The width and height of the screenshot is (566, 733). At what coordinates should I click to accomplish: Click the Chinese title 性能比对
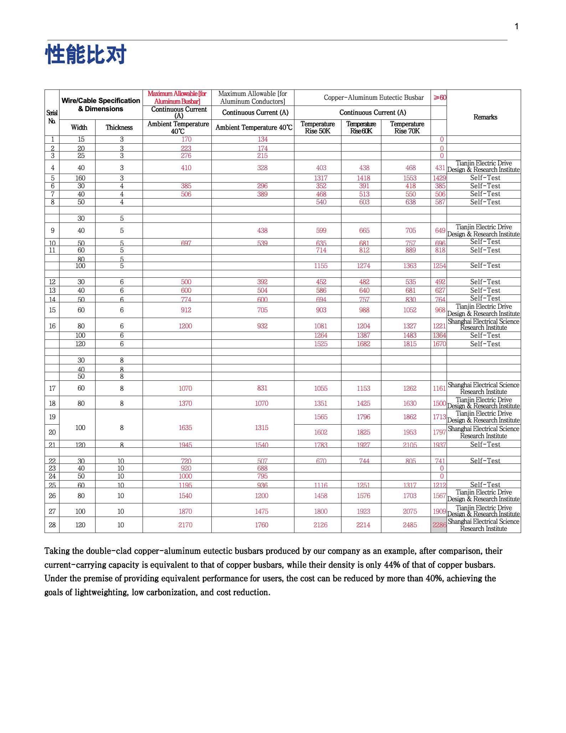tap(86, 55)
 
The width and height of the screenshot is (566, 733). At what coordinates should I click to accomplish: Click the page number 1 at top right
tap(516, 26)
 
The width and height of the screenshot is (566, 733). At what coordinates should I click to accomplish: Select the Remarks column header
tap(485, 117)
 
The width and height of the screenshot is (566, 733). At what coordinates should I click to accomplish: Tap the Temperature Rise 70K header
tap(407, 127)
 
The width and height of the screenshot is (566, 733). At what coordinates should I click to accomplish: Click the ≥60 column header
tap(439, 98)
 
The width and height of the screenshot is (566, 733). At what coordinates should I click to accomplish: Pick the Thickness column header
tap(119, 128)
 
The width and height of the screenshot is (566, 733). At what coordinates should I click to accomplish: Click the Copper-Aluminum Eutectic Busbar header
tap(374, 98)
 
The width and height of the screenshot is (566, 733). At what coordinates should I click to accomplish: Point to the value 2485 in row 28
tap(410, 525)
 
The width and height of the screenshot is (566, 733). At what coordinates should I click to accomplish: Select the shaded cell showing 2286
tap(439, 525)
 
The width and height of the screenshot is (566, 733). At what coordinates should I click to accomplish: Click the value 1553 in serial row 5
tap(411, 178)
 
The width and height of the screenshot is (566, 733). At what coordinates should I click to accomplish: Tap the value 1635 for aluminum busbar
tap(185, 427)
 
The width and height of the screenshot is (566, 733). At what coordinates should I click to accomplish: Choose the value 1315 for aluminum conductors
tap(262, 427)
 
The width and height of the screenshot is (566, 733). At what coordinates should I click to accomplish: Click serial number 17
tap(52, 388)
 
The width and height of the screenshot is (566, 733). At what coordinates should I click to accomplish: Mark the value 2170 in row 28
tap(185, 525)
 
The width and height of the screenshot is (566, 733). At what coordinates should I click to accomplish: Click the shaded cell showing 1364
tap(439, 335)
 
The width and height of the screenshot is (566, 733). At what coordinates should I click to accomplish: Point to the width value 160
tap(81, 178)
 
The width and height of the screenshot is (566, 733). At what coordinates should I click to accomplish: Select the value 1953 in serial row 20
tap(410, 432)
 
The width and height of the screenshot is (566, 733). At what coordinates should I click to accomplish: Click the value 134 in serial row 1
tap(263, 139)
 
